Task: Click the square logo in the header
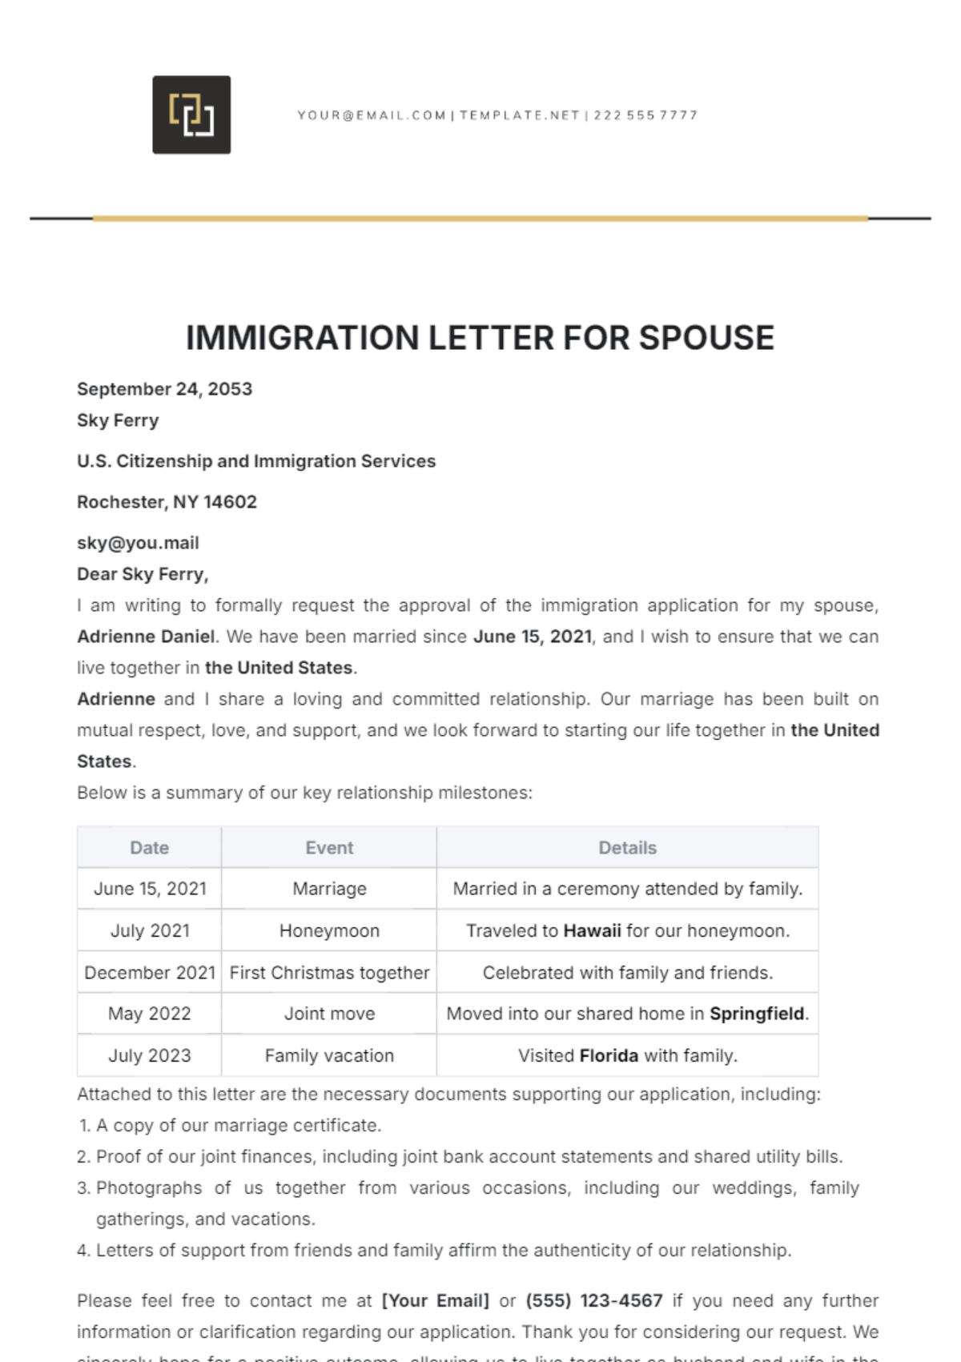coord(191,115)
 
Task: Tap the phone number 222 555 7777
coord(645,115)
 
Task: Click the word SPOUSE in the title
coord(706,338)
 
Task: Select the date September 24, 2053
coord(164,389)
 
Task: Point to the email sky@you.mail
coord(138,543)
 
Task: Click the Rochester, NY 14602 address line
coord(167,502)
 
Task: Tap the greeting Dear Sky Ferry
coord(143,574)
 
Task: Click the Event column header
coord(329,848)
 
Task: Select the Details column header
coord(627,848)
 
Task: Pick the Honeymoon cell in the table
coord(329,930)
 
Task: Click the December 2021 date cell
coord(150,973)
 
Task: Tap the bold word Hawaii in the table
coord(592,930)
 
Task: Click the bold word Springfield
coord(757,1014)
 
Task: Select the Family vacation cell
coord(329,1055)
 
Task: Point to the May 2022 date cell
coord(150,1014)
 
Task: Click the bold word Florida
coord(609,1055)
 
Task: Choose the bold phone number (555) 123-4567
coord(594,1300)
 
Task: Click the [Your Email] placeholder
coord(435,1300)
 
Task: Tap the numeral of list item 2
coord(82,1157)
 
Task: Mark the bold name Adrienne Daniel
coord(146,637)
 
